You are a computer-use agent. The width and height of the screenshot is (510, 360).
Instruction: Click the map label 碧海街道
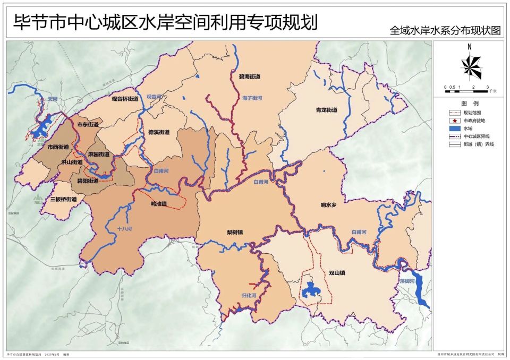[x=249, y=76]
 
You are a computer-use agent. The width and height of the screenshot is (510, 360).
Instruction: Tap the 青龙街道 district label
[x=327, y=110]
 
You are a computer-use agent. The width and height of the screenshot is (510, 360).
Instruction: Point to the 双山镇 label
[x=337, y=273]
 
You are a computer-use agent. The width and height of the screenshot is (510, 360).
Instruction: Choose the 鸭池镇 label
[x=159, y=203]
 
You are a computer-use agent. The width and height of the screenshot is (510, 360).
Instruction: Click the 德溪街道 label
[x=159, y=132]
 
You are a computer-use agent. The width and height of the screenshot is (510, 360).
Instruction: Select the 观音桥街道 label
[x=125, y=99]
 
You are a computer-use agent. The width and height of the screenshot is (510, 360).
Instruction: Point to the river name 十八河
[x=124, y=229]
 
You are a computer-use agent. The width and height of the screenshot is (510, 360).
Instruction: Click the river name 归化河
[x=248, y=295]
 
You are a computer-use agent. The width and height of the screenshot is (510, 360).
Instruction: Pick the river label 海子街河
[x=252, y=98]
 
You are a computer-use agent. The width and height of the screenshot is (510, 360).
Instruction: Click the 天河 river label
[x=52, y=99]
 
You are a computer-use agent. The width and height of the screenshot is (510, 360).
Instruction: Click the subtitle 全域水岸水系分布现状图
[x=445, y=30]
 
